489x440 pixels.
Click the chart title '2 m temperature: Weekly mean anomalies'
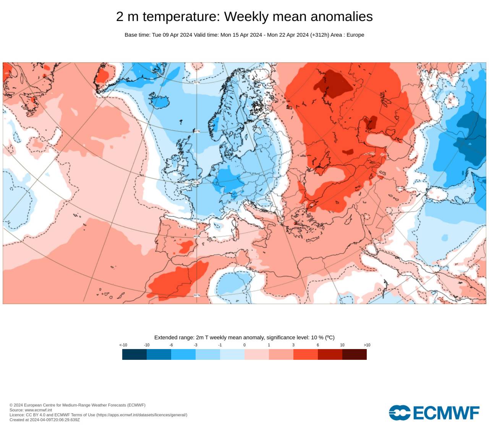coord(244,16)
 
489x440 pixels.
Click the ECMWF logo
coord(434,413)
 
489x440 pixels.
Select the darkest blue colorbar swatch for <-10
coord(134,354)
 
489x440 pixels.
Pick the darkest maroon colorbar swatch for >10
coord(354,354)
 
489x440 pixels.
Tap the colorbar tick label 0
coord(244,345)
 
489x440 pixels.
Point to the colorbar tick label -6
coord(171,345)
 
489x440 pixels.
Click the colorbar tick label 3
coord(293,345)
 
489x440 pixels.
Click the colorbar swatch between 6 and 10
coord(330,354)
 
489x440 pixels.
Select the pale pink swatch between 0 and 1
coord(256,354)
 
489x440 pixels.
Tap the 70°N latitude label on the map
coord(197,82)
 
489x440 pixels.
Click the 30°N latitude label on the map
coord(197,295)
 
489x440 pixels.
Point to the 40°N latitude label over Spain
coord(197,236)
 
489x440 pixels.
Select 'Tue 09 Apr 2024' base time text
coord(172,35)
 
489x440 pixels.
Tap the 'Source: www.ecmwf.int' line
coord(31,410)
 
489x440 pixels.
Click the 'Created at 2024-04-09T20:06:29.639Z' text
coord(45,420)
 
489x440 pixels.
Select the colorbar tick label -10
coord(147,345)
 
